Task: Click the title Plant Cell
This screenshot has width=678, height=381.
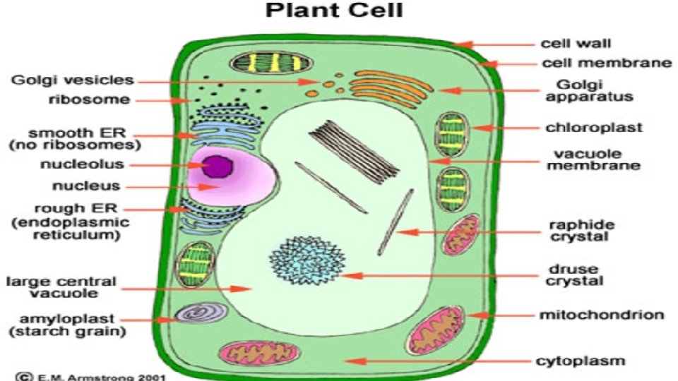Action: [x=335, y=12]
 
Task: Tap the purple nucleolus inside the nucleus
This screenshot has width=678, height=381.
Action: [x=218, y=166]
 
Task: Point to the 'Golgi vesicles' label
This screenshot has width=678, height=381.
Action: [x=72, y=80]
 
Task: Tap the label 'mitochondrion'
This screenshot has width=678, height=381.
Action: [x=601, y=314]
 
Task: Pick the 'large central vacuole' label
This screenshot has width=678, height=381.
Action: [x=61, y=287]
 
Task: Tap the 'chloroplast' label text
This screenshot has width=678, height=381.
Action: [x=593, y=128]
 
